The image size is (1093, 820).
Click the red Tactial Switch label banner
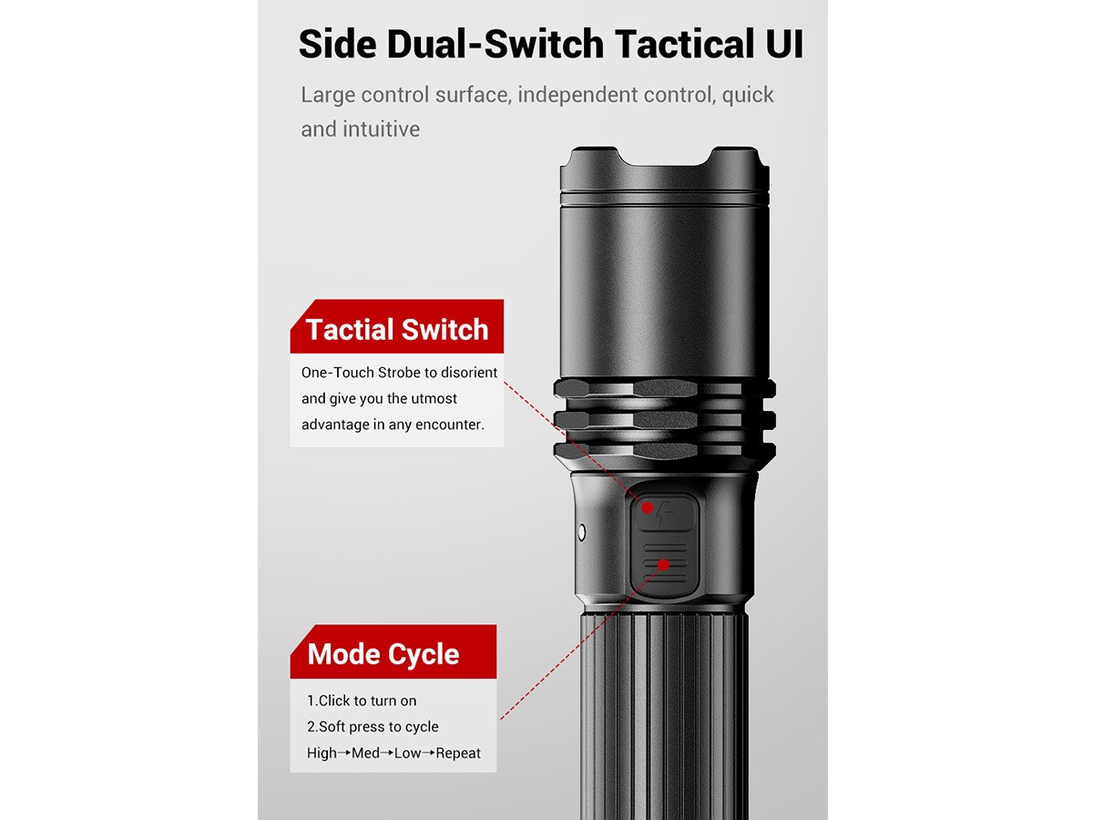tap(397, 326)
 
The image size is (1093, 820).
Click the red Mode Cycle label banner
tap(393, 651)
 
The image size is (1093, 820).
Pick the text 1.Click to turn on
tap(362, 701)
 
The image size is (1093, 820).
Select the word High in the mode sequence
tap(322, 753)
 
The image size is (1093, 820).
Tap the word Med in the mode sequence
tap(365, 753)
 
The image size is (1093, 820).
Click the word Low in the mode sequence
tap(407, 753)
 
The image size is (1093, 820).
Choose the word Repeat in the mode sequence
tap(458, 753)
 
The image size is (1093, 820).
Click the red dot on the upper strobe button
tap(647, 507)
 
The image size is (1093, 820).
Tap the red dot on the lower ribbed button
tap(663, 565)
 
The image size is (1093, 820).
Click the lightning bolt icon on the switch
tap(665, 513)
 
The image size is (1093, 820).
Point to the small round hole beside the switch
tap(581, 532)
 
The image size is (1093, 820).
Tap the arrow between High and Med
tap(343, 753)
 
